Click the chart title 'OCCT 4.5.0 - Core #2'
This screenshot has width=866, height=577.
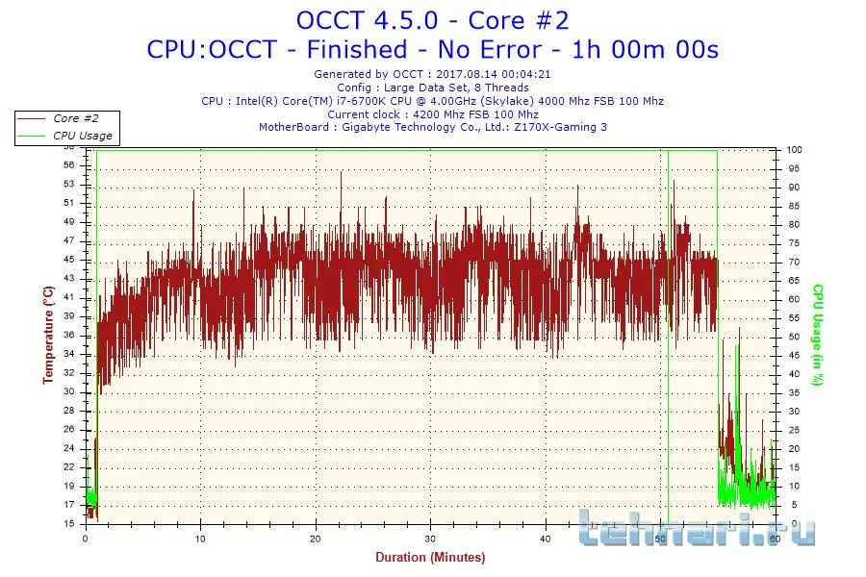pyautogui.click(x=433, y=19)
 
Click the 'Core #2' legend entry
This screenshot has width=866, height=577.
pyautogui.click(x=75, y=118)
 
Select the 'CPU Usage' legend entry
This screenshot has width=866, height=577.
pyautogui.click(x=82, y=136)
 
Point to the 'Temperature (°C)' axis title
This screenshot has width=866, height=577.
pyautogui.click(x=48, y=335)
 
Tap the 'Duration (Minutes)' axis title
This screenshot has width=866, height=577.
pyautogui.click(x=430, y=558)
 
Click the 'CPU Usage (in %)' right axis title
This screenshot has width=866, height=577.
pyautogui.click(x=818, y=335)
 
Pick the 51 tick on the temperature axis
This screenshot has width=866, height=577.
pyautogui.click(x=68, y=203)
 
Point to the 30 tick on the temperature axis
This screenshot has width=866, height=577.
pyautogui.click(x=68, y=391)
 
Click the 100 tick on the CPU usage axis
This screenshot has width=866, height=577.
pyautogui.click(x=795, y=150)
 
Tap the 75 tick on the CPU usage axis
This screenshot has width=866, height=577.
pyautogui.click(x=795, y=243)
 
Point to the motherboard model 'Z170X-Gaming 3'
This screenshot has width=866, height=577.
pyautogui.click(x=561, y=127)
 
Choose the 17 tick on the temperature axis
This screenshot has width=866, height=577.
pyautogui.click(x=68, y=505)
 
